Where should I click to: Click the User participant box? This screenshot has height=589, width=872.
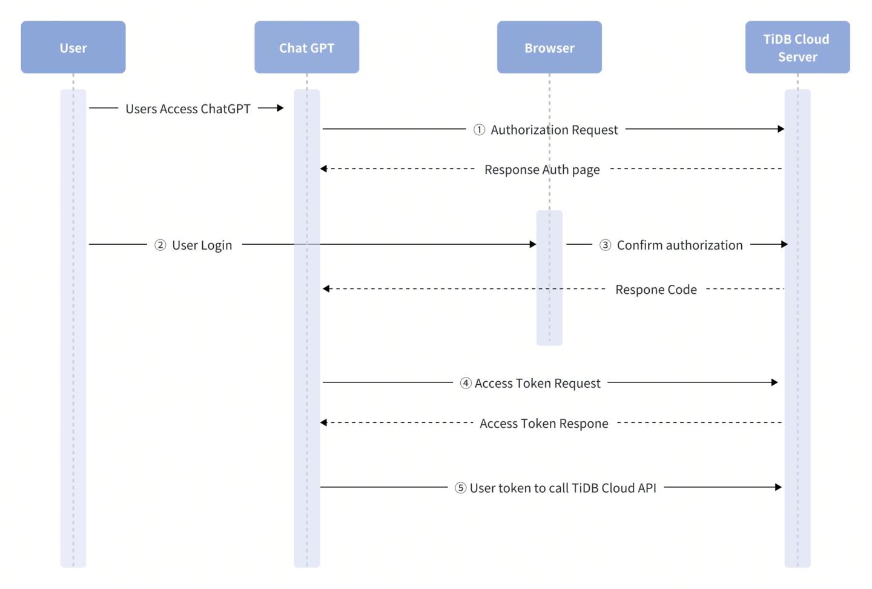click(x=73, y=47)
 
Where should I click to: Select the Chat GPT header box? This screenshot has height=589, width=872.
click(x=306, y=47)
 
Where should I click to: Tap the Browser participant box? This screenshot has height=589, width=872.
click(x=549, y=47)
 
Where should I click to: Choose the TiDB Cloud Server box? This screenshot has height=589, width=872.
click(x=797, y=47)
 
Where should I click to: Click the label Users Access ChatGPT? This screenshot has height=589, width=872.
click(x=188, y=109)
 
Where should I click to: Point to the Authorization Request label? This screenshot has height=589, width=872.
click(x=554, y=130)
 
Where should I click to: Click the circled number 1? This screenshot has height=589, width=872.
click(x=479, y=130)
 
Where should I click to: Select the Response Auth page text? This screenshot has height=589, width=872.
click(x=542, y=170)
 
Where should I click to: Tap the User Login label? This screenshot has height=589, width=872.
click(x=202, y=245)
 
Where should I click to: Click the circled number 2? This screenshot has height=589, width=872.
click(x=160, y=245)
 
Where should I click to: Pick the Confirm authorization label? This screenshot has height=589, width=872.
click(x=679, y=245)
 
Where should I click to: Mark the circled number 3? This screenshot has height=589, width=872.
click(x=605, y=245)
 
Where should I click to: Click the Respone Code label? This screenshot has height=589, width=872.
click(x=656, y=290)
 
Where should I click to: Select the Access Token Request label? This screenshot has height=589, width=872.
click(x=537, y=384)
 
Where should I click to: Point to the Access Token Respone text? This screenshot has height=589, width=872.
click(x=544, y=424)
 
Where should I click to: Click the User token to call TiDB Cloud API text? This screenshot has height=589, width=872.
click(x=563, y=488)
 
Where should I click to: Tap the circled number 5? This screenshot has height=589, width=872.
click(x=460, y=488)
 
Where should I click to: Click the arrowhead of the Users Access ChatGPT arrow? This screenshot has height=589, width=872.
click(x=280, y=108)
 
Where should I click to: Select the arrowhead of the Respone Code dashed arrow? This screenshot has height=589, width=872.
click(x=326, y=288)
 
